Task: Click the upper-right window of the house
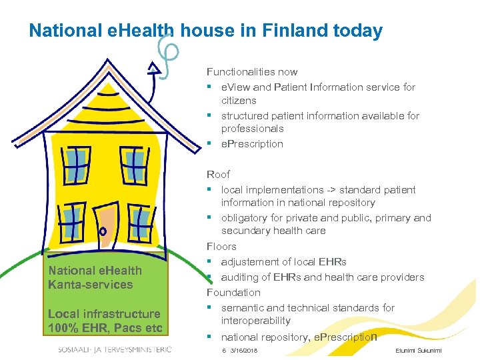[134, 165]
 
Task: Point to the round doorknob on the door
[103, 231]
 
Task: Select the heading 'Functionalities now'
[252, 72]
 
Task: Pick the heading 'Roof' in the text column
[218, 175]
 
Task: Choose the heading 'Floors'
[221, 247]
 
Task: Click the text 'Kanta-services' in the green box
[91, 285]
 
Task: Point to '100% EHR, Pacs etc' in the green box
[105, 327]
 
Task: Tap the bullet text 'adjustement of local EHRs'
[283, 262]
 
